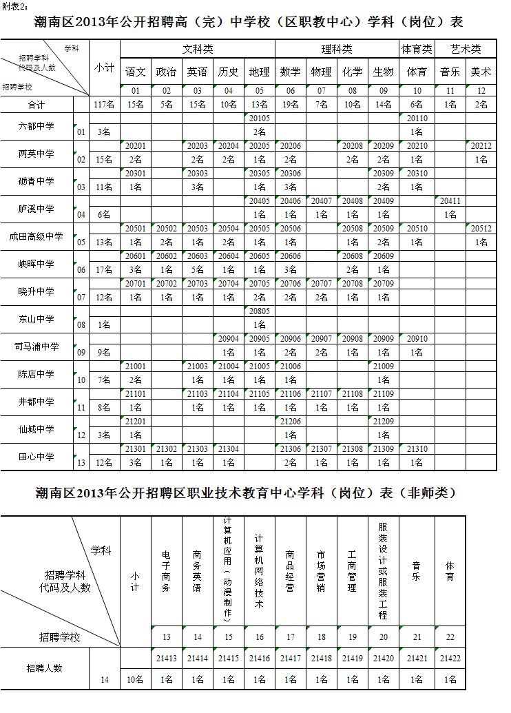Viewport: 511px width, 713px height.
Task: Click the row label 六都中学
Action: (37, 125)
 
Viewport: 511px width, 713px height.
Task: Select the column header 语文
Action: (136, 72)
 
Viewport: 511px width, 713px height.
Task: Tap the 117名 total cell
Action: (105, 105)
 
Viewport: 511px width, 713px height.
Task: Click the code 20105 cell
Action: (260, 118)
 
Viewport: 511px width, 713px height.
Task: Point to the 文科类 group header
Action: (198, 49)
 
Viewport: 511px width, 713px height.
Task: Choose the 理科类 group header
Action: (337, 49)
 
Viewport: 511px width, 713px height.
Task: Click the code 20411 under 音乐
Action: (450, 201)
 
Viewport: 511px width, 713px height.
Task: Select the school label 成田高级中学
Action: (37, 236)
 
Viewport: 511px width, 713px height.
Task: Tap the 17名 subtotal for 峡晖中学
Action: (105, 270)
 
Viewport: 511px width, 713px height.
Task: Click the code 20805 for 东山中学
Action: (260, 311)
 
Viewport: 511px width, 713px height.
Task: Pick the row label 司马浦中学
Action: (37, 347)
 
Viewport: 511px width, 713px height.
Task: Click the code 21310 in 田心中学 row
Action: (417, 449)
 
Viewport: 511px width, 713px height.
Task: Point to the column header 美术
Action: (481, 72)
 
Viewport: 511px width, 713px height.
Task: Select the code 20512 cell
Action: (481, 229)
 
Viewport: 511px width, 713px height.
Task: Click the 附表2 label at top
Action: (14, 6)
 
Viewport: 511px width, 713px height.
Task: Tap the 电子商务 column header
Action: (166, 571)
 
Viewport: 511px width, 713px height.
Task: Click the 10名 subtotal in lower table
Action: (135, 680)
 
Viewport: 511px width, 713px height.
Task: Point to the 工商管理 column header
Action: (352, 571)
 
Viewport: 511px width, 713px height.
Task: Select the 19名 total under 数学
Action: (291, 105)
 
